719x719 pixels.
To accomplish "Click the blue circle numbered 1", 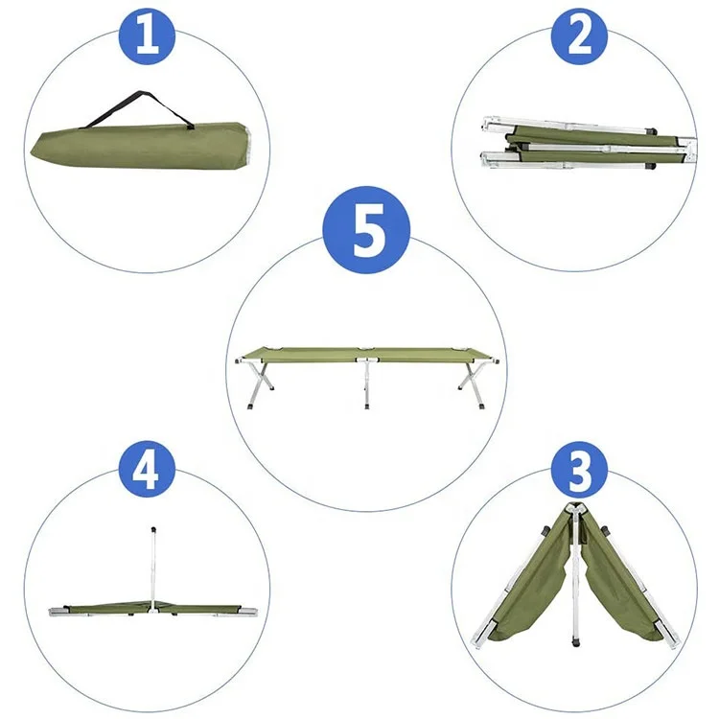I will pos(147,35).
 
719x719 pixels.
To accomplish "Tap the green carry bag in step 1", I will pos(134,144).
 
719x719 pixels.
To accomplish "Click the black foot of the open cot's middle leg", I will pos(365,406).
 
